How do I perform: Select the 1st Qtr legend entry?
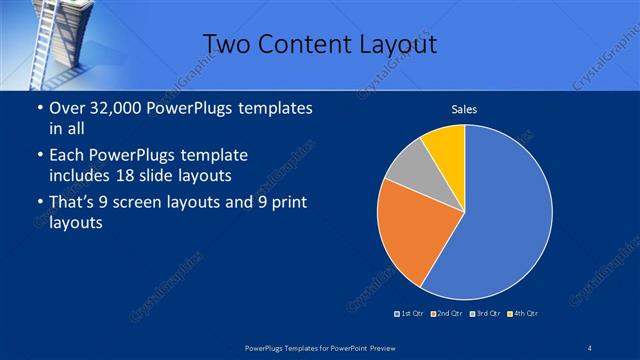coord(409,314)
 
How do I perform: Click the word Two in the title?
coord(226,44)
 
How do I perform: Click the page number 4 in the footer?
coord(590,346)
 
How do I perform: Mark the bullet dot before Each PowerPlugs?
coord(39,156)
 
